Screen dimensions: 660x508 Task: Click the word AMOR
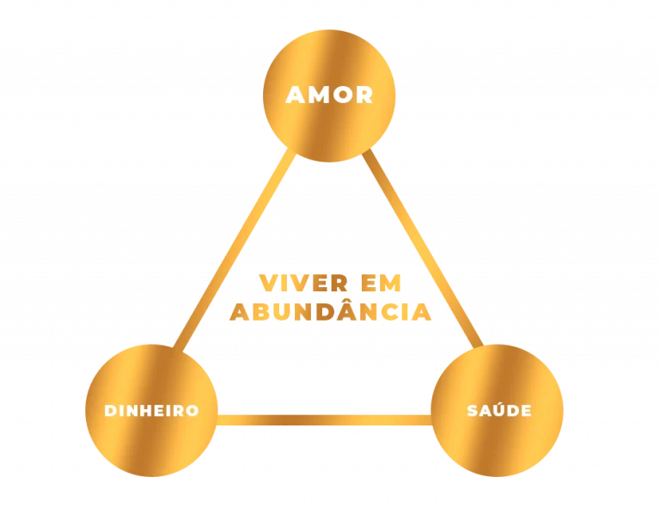(x=329, y=95)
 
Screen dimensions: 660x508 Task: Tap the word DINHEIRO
(x=151, y=410)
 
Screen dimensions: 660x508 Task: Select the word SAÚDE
(x=499, y=408)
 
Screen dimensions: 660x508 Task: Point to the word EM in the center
(x=381, y=283)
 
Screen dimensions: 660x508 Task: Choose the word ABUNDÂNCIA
(x=330, y=309)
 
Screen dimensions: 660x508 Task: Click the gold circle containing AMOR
(x=329, y=95)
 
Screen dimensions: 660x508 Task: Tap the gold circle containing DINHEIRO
(x=151, y=410)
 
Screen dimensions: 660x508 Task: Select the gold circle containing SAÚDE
(x=497, y=410)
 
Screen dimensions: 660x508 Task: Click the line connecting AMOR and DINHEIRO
(x=235, y=249)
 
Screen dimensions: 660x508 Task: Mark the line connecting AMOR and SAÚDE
(x=423, y=248)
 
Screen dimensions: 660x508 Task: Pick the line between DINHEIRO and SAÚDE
(x=325, y=420)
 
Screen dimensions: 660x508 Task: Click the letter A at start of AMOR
(x=296, y=95)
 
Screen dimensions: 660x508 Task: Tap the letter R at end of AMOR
(x=365, y=95)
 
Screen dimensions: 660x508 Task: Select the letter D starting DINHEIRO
(x=110, y=410)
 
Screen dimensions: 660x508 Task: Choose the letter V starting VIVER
(x=268, y=283)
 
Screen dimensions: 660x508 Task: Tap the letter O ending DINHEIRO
(x=192, y=410)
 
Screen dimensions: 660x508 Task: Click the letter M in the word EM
(x=390, y=283)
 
